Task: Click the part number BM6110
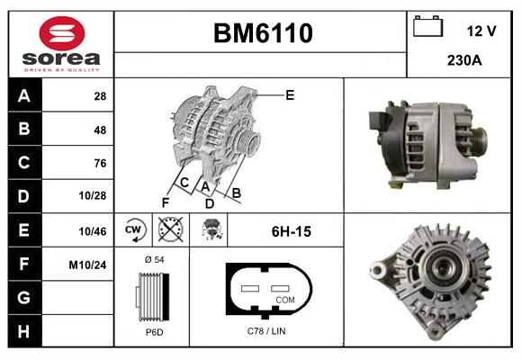[x=262, y=34]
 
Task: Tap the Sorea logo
[x=60, y=43]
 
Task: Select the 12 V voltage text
[x=481, y=31]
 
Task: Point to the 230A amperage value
[x=463, y=61]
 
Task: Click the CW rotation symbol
[x=134, y=230]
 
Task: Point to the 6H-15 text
[x=291, y=231]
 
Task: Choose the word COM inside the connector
[x=285, y=299]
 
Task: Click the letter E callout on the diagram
[x=291, y=94]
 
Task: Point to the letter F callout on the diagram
[x=166, y=202]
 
